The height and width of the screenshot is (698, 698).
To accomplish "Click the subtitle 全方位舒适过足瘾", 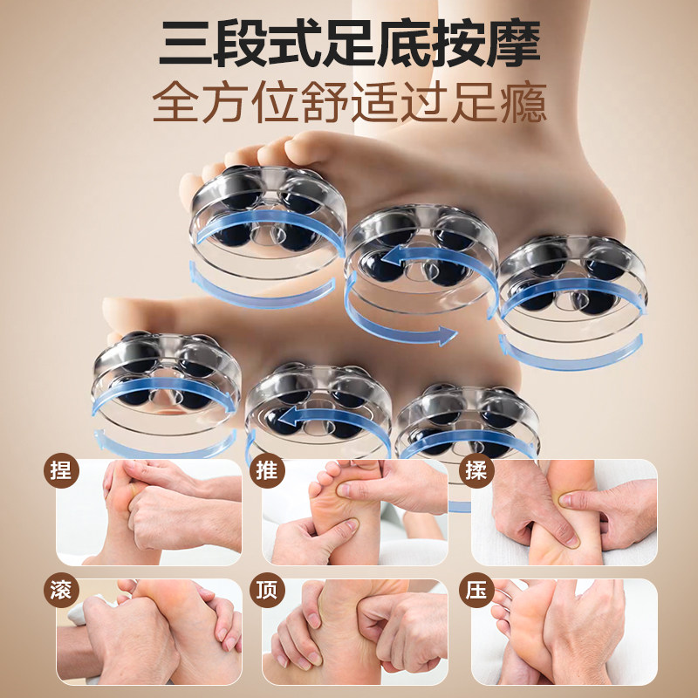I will coord(349,104).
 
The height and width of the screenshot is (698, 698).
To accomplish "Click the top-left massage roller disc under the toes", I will coord(263,218).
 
